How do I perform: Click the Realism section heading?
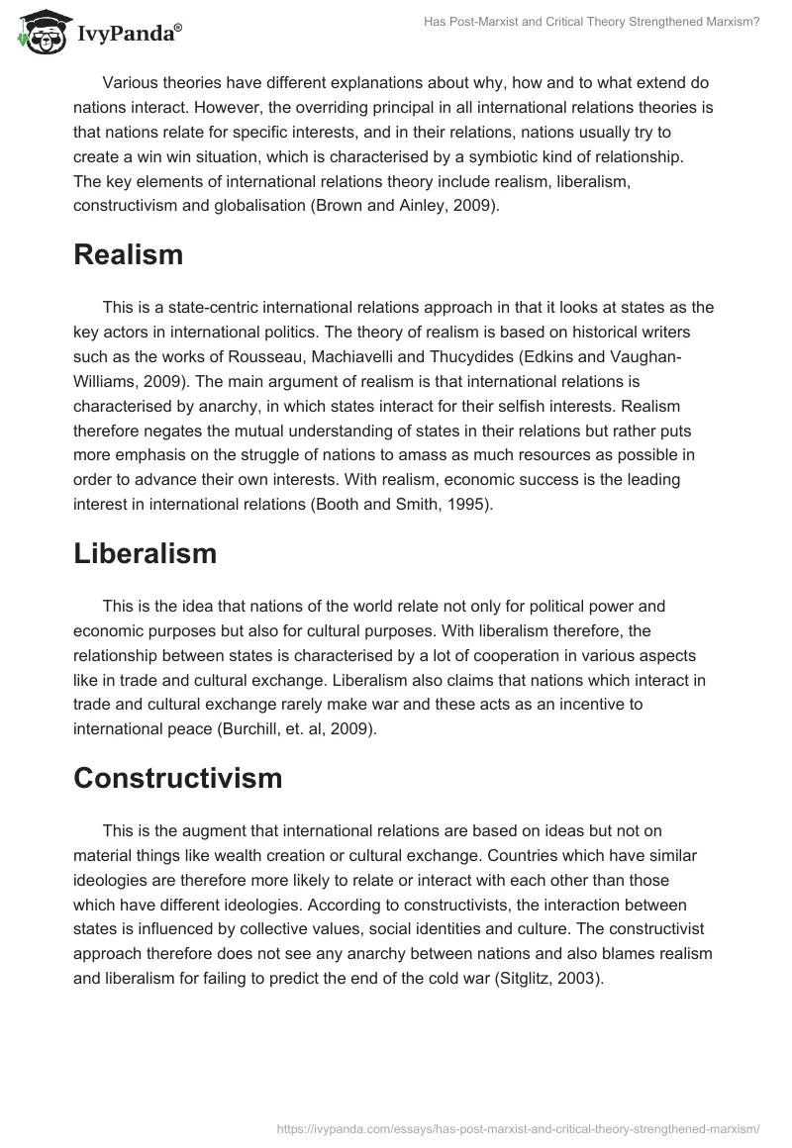128,254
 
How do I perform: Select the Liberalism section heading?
145,553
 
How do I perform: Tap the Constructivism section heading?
178,778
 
